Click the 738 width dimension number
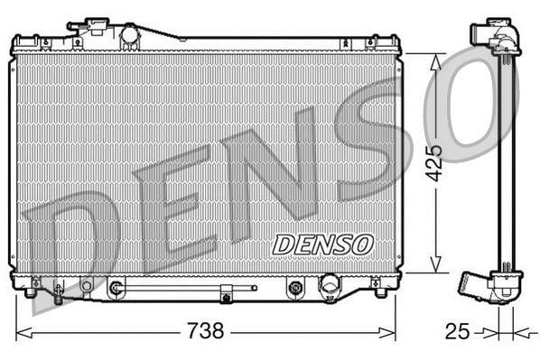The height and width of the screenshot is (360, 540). click(x=205, y=331)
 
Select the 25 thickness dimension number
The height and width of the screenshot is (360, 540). click(x=457, y=331)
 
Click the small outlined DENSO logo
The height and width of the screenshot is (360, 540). click(x=322, y=245)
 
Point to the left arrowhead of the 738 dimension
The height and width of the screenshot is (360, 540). click(x=24, y=333)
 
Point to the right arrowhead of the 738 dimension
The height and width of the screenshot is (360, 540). click(x=386, y=333)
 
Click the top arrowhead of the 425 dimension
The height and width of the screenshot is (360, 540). click(x=435, y=62)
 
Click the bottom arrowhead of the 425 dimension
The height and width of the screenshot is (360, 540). click(x=435, y=264)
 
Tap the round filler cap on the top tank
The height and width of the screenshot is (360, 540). click(x=130, y=34)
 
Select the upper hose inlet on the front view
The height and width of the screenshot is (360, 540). click(x=88, y=26)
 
